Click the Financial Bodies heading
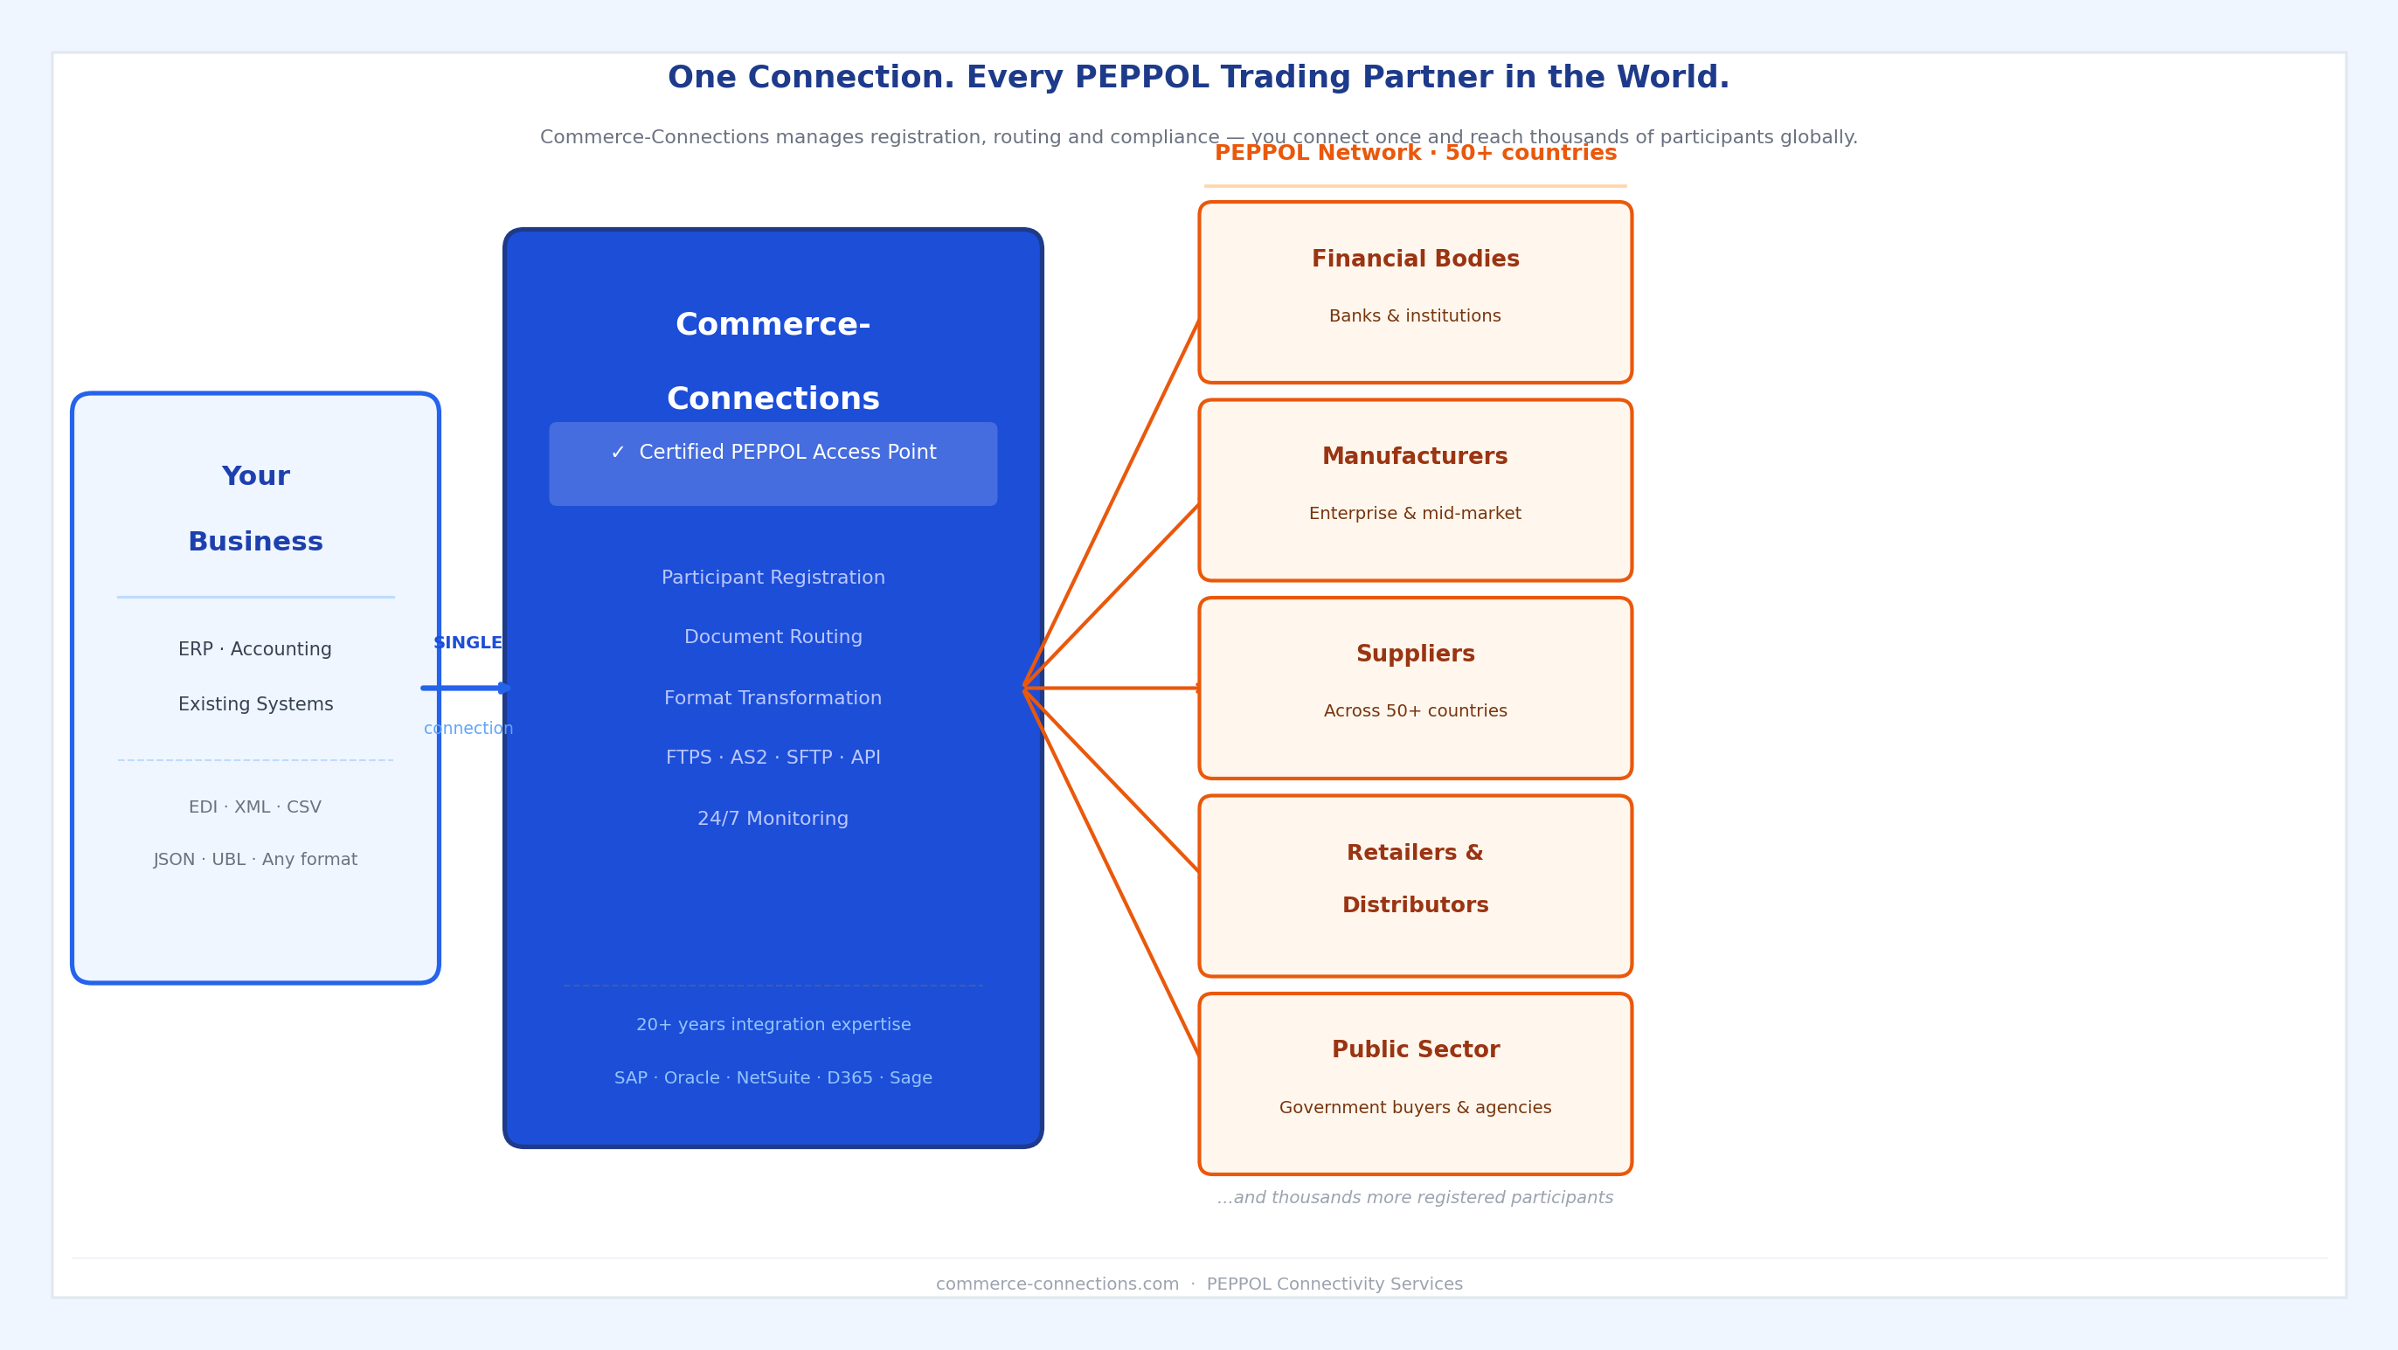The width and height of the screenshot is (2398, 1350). tap(1415, 260)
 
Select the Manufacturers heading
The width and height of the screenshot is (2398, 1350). tap(1415, 457)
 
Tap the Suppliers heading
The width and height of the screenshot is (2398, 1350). tap(1415, 654)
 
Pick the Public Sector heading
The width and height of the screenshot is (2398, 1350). tap(1415, 1050)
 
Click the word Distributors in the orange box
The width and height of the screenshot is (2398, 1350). tap(1415, 905)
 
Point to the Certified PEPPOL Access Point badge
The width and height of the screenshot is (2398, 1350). tap(773, 464)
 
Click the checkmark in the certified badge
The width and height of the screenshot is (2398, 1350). tap(618, 453)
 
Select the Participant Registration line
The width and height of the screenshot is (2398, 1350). tap(773, 578)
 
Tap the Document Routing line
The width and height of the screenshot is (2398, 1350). tap(773, 638)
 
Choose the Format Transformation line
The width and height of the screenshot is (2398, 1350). tap(773, 698)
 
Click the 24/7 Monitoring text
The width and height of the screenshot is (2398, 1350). tap(773, 820)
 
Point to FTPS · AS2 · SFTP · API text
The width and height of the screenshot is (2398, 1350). tap(773, 758)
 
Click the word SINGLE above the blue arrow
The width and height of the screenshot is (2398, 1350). tap(468, 643)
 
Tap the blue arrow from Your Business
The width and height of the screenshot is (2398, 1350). tap(466, 688)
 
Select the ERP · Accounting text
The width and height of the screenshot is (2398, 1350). tap(255, 650)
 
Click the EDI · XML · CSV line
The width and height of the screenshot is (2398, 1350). tap(255, 807)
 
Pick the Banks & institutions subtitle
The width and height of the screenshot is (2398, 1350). tap(1415, 316)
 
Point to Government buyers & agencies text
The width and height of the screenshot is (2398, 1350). tap(1415, 1108)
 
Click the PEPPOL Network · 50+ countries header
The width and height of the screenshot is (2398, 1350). tap(1415, 154)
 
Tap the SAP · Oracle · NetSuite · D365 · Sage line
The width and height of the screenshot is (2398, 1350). tap(773, 1078)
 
